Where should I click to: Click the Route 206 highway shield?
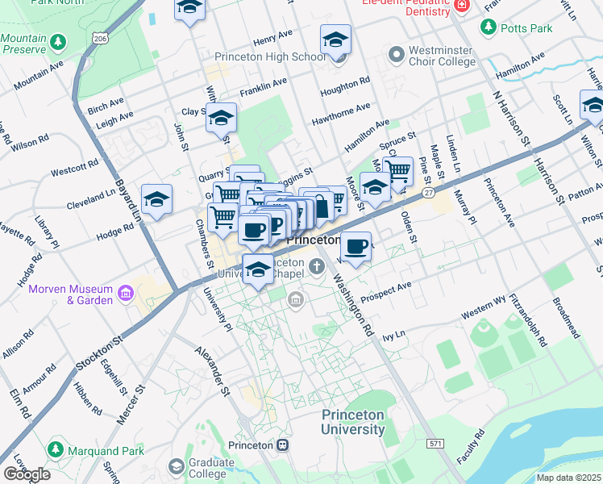pyautogui.click(x=99, y=38)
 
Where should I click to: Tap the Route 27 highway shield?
pyautogui.click(x=429, y=193)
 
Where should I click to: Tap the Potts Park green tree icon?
pyautogui.click(x=488, y=28)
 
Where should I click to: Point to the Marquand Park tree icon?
pyautogui.click(x=56, y=449)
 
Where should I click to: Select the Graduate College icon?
pyautogui.click(x=177, y=466)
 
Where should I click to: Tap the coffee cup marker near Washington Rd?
pyautogui.click(x=356, y=245)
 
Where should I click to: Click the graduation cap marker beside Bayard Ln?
pyautogui.click(x=156, y=198)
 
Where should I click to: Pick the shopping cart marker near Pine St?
pyautogui.click(x=397, y=170)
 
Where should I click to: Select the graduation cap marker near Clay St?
pyautogui.click(x=220, y=117)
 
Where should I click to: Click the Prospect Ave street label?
pyautogui.click(x=386, y=286)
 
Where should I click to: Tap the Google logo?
pyautogui.click(x=27, y=474)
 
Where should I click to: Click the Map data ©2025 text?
pyautogui.click(x=569, y=478)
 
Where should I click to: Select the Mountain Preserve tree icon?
pyautogui.click(x=57, y=41)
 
